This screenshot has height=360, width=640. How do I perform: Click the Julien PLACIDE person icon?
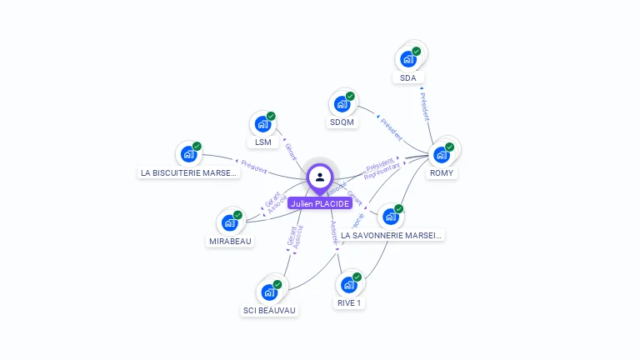320,177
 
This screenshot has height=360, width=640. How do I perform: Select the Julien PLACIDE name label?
320,203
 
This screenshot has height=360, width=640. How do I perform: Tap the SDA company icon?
408,58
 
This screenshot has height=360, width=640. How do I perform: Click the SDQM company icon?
342,103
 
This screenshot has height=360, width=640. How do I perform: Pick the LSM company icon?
263,124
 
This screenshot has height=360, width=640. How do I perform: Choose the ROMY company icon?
442,154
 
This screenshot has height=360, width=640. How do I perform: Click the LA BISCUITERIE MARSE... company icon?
189,154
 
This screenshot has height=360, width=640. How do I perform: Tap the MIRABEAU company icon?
230,222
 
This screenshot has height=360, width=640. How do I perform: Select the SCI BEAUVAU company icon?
269,292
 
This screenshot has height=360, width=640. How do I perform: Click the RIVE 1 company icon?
349,284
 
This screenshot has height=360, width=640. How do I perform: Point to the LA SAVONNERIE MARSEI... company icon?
390,216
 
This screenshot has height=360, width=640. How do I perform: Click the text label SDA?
407,77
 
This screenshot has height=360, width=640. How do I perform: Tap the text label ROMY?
442,173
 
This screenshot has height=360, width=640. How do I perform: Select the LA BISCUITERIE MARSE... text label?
189,173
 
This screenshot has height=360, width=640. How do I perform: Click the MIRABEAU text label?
230,242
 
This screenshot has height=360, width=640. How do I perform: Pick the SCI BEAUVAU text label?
269,311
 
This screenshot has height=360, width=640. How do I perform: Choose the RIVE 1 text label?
349,303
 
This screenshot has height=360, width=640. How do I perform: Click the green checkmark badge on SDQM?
350,96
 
